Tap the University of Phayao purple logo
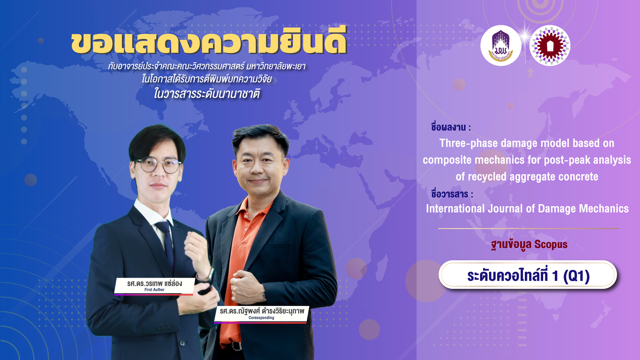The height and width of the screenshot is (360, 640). point(500,46)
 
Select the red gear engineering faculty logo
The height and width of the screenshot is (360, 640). point(550,46)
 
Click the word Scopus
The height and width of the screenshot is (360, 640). point(550,244)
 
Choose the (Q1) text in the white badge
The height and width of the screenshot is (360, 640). point(576,276)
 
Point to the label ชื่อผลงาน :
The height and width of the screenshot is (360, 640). point(451,127)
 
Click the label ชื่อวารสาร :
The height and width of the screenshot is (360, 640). point(452,194)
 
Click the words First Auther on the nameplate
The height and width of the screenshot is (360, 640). point(154,290)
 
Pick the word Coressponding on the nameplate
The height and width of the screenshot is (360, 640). point(261,318)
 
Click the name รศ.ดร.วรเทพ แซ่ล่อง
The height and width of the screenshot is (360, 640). point(154,283)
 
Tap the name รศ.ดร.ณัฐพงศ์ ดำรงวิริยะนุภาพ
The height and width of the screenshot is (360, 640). point(262,311)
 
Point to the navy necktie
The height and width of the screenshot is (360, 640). point(167,243)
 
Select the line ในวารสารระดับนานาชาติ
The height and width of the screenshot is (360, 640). point(207,94)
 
